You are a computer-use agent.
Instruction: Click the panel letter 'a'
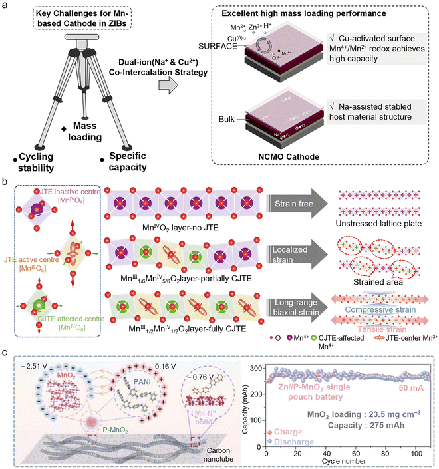click(x=6, y=6)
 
